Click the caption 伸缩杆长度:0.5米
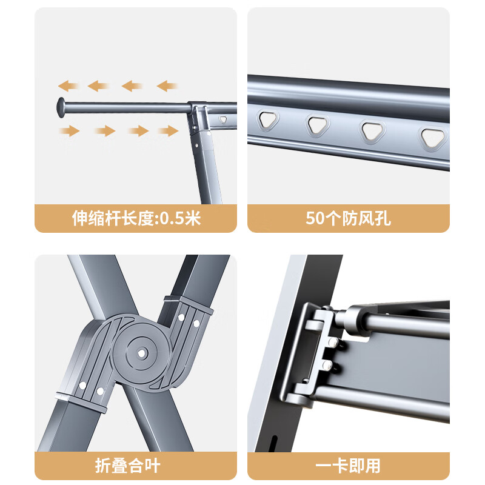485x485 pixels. [136, 218]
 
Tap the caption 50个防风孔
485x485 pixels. [348, 218]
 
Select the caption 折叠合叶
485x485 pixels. [127, 466]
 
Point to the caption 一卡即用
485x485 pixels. [347, 466]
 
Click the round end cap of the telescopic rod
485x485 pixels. [61, 107]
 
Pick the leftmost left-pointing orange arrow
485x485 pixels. [68, 85]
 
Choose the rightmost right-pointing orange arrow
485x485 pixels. [169, 131]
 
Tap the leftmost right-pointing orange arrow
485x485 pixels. [70, 131]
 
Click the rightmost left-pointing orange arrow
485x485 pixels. [167, 85]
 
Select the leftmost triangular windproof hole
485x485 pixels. [268, 120]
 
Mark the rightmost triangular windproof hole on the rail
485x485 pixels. [433, 138]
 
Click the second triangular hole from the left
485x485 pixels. [317, 125]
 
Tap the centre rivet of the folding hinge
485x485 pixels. [142, 353]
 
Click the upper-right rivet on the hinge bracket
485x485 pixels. [196, 324]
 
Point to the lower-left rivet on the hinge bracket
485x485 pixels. [82, 386]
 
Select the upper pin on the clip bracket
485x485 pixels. [333, 342]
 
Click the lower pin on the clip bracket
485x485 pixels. [327, 365]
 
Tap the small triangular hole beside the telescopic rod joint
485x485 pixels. [223, 119]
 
